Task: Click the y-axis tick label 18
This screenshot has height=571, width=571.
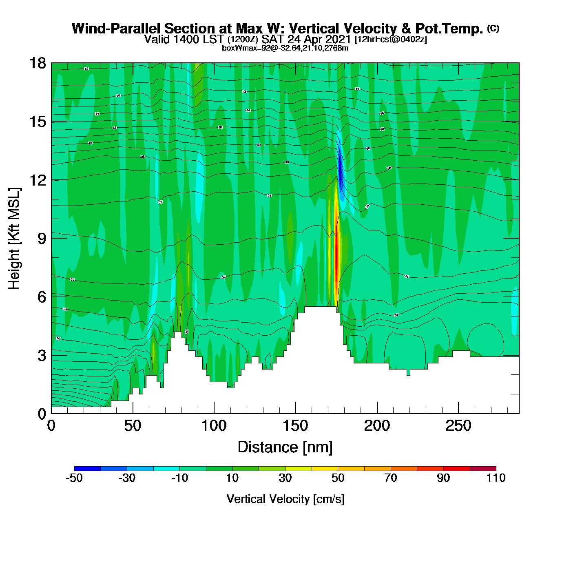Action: pos(37,64)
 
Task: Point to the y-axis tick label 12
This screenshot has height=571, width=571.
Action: pos(37,180)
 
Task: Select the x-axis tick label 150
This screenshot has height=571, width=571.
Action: pos(295,426)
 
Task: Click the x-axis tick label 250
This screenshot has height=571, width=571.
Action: pos(458,426)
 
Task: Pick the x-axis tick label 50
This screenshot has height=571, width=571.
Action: pos(133,426)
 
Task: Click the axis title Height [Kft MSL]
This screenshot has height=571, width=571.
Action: pos(14,239)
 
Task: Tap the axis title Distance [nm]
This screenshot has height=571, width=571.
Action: pos(285,447)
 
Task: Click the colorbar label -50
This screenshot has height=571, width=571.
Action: pos(74,478)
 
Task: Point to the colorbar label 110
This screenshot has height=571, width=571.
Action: pos(496,478)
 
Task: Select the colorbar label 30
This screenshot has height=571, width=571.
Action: pos(285,478)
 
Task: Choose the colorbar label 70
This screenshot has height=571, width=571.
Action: pos(390,478)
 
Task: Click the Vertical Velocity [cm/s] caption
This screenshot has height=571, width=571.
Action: pos(285,499)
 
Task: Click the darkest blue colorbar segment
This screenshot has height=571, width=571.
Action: pos(87,468)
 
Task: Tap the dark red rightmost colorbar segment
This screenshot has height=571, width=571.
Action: pos(483,468)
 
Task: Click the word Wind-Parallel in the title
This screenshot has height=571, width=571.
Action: pos(117,29)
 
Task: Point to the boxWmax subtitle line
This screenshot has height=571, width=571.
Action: pos(285,48)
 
